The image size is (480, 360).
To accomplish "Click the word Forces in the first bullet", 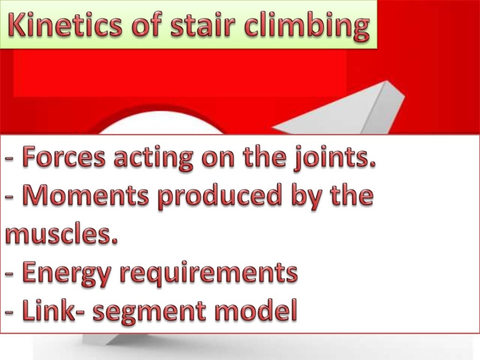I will coord(64,157).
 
